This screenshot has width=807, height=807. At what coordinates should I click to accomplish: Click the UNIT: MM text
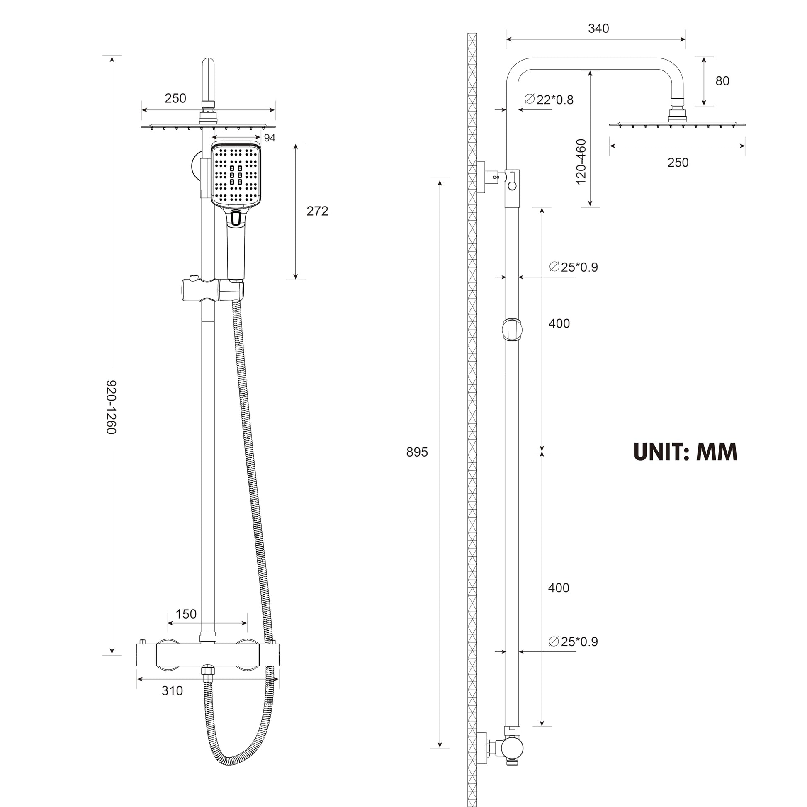[685, 452]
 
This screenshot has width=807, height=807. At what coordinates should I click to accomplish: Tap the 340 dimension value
[598, 28]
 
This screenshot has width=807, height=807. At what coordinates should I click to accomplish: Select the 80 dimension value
[722, 81]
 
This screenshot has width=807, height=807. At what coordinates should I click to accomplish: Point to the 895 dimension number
[417, 452]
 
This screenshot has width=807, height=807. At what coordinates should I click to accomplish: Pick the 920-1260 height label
[111, 407]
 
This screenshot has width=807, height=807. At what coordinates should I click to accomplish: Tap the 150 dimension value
[186, 614]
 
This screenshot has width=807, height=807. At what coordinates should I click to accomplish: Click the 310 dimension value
[172, 691]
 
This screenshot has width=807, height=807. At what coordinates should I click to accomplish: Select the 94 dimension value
[270, 138]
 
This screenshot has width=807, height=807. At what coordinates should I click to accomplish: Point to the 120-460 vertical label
[581, 162]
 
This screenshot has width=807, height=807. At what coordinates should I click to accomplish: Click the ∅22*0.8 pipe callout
[549, 100]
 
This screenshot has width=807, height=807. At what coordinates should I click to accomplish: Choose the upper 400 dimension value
[559, 323]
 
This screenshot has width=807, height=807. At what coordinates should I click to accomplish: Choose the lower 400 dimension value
[559, 588]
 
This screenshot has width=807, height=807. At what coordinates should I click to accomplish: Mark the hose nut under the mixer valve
[208, 671]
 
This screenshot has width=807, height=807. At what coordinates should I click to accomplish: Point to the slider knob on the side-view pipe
[512, 330]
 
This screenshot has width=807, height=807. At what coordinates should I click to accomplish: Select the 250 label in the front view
[175, 98]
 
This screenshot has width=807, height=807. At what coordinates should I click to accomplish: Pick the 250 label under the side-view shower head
[678, 163]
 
